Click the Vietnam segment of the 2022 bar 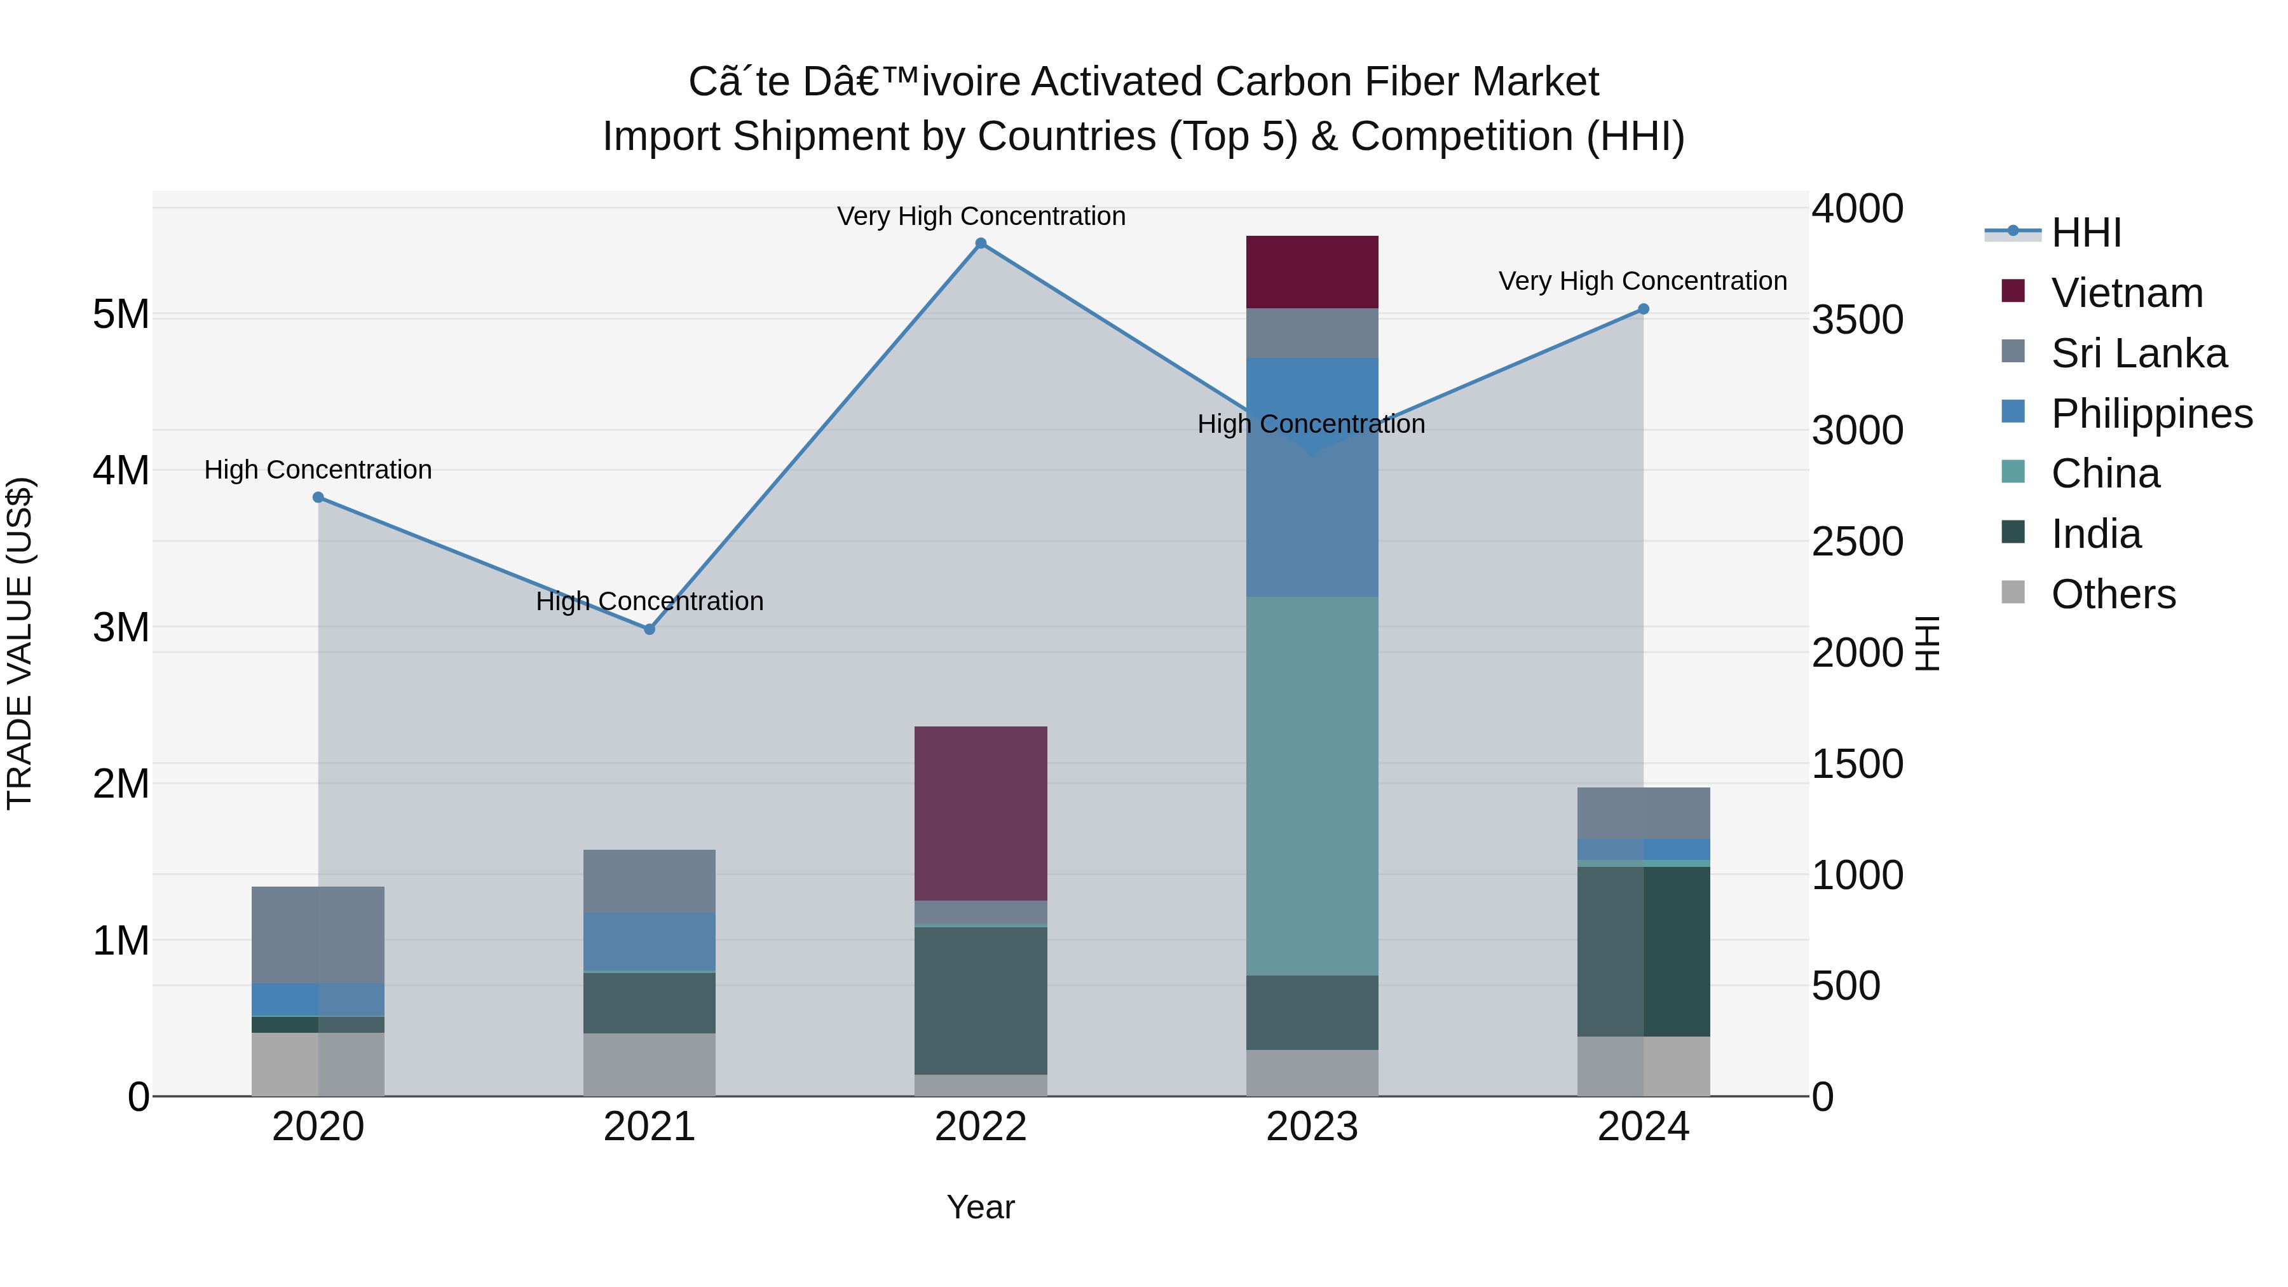click(981, 813)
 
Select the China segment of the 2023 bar click(1312, 786)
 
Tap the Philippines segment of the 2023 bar click(1312, 477)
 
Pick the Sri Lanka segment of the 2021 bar click(650, 880)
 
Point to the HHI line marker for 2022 click(981, 243)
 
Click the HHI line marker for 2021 click(650, 629)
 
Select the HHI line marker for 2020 click(318, 498)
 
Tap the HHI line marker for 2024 click(1643, 309)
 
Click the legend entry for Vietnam click(2127, 293)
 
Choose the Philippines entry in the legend click(2151, 414)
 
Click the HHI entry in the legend click(2085, 233)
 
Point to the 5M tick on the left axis click(121, 315)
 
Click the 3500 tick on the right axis click(1857, 320)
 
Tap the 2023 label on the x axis click(1312, 1127)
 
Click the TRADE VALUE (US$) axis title click(20, 643)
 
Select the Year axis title click(981, 1207)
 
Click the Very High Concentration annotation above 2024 click(1642, 281)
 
